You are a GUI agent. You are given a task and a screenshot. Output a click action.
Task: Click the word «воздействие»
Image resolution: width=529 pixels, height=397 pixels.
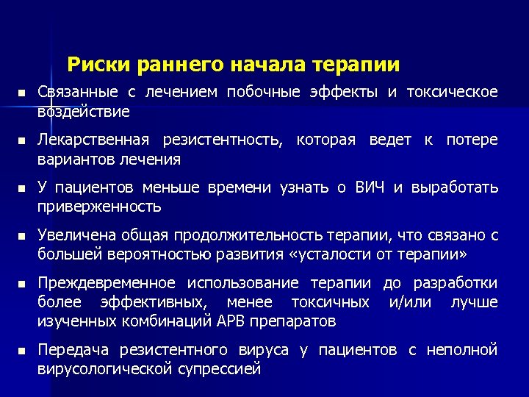[84, 112]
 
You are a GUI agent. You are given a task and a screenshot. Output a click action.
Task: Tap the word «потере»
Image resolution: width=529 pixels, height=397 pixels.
[472, 140]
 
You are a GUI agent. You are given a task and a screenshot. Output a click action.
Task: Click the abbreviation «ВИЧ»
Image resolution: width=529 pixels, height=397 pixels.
[369, 187]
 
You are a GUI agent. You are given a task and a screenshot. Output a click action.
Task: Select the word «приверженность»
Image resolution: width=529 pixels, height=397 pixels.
[99, 207]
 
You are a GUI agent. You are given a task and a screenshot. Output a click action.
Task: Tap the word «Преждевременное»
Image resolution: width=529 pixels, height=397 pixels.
[107, 283]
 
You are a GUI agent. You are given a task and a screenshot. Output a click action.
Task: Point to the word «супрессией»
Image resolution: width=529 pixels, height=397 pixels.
[220, 369]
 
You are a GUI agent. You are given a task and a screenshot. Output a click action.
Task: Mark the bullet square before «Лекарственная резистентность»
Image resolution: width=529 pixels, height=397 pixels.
[23, 140]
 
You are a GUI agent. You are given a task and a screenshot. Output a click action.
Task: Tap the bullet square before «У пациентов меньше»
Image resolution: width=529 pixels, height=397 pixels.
[23, 188]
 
